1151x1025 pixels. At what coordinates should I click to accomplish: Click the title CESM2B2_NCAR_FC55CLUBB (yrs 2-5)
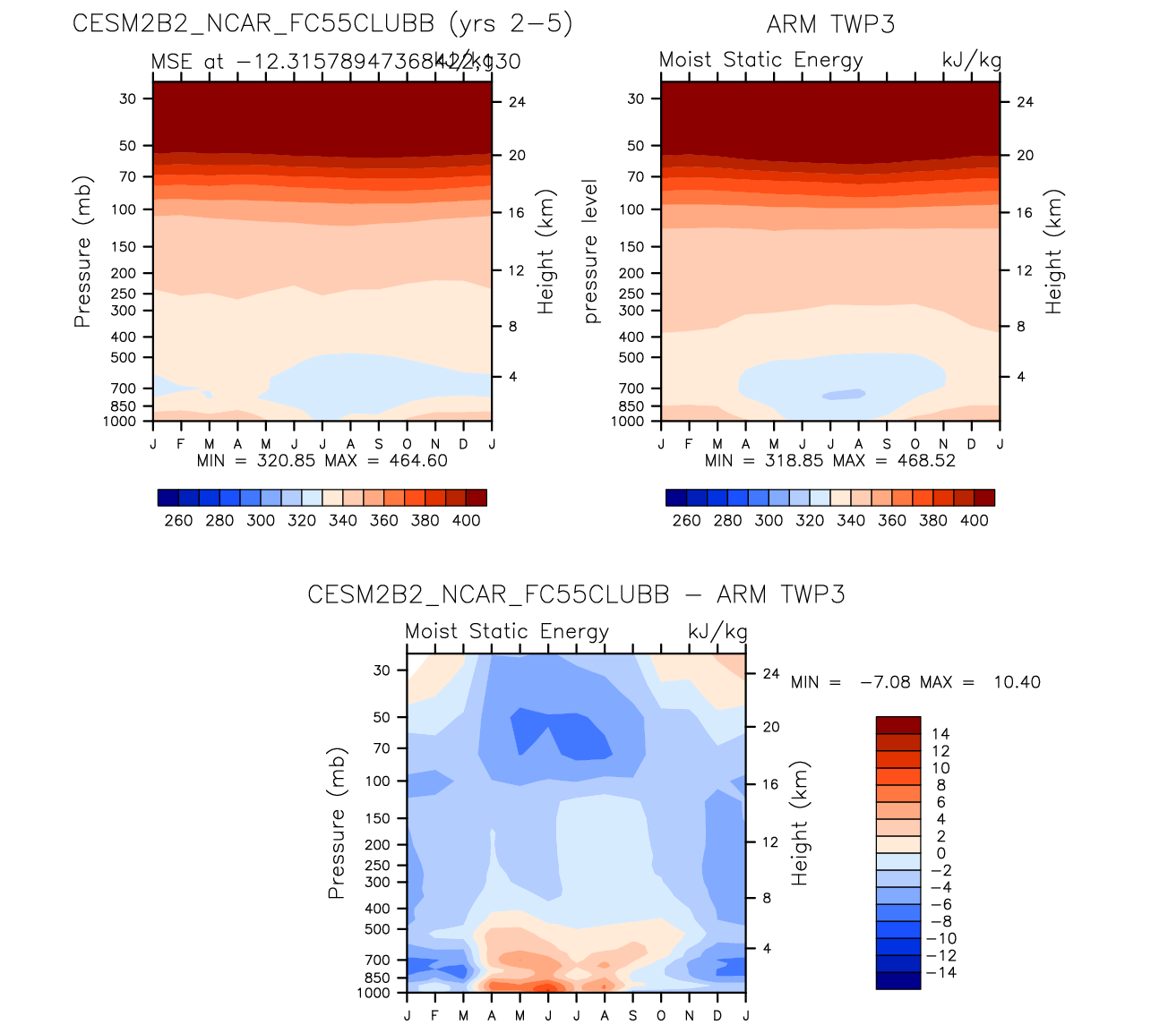(322, 23)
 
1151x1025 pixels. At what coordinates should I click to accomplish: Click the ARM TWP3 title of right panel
(830, 23)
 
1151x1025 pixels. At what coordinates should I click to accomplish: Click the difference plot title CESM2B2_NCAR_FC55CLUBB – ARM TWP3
(576, 595)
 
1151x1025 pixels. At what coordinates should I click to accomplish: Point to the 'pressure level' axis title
(590, 251)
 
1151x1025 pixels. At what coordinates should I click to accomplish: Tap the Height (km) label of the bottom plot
(799, 823)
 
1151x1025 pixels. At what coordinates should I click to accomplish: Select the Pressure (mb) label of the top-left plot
(82, 251)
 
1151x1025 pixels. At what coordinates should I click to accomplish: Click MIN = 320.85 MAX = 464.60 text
(322, 461)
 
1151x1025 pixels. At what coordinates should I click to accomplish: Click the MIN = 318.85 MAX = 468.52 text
(829, 461)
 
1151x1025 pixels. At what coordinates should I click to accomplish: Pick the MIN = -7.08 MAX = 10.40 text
(915, 682)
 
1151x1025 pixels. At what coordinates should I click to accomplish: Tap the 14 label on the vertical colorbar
(941, 734)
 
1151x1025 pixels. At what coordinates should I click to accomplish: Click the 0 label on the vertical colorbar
(941, 853)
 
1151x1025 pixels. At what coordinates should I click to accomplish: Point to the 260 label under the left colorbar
(178, 521)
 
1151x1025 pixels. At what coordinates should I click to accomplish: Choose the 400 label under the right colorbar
(975, 521)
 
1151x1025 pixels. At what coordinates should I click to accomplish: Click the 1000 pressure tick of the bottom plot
(374, 993)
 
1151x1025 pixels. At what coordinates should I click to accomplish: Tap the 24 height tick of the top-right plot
(1025, 102)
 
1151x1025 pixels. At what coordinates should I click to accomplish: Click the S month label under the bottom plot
(633, 1015)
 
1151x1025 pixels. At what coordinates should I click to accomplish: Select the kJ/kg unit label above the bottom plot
(717, 631)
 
